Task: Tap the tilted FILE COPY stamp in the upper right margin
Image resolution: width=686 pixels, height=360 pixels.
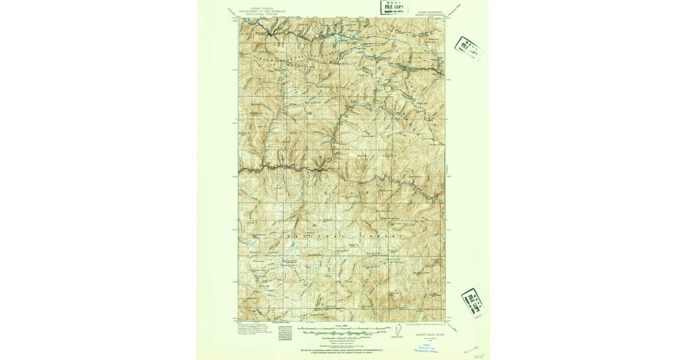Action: [468, 48]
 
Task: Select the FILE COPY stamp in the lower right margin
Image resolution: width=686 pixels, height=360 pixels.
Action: [472, 302]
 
